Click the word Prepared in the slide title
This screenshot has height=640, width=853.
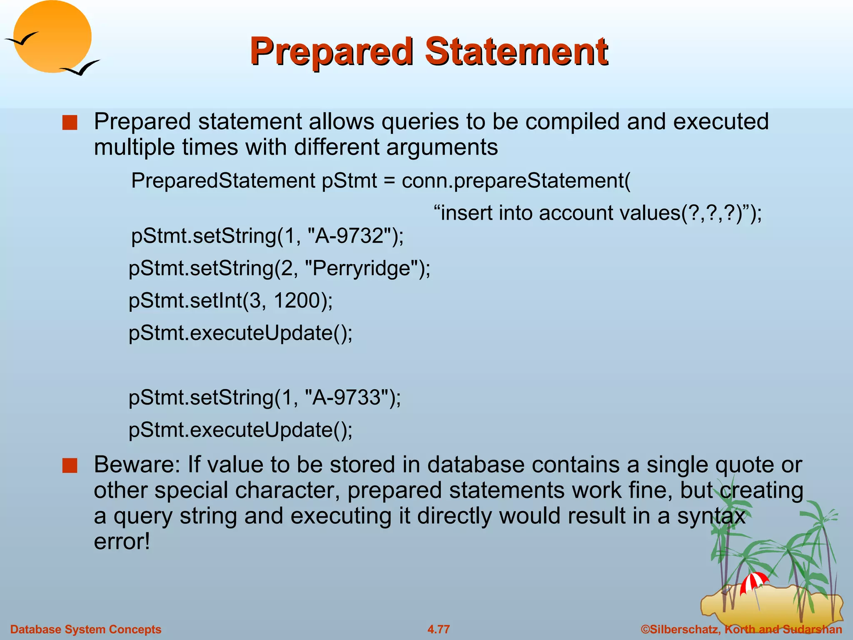coord(331,52)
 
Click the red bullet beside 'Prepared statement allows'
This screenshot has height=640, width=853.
coord(70,123)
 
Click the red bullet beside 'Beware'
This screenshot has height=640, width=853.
coord(70,466)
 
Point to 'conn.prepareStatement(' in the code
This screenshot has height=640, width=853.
coord(516,181)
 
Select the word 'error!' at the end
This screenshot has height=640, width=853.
coord(122,542)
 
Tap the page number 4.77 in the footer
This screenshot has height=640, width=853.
coord(439,629)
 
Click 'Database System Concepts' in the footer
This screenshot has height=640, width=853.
coord(86,629)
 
